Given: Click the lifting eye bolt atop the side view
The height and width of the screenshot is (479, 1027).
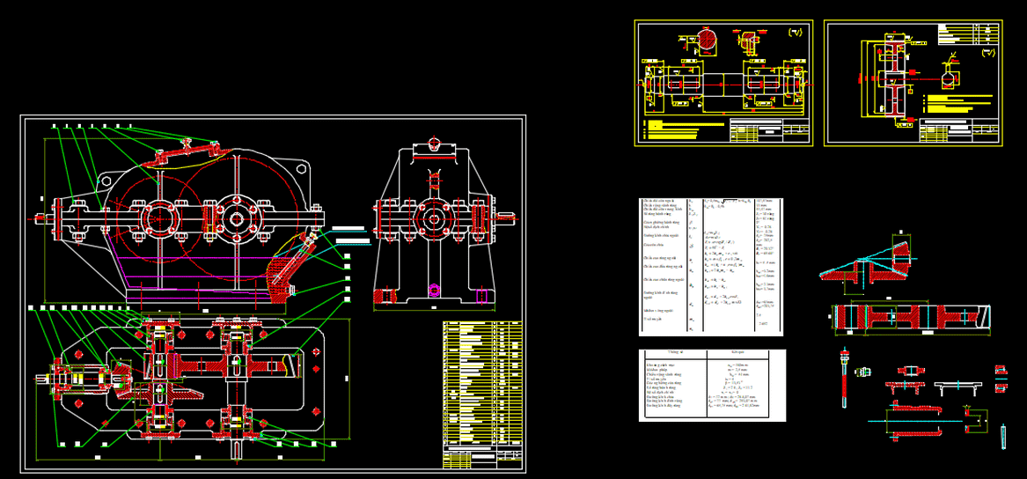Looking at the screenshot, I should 433,144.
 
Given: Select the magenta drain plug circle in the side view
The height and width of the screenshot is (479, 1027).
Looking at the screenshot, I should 433,289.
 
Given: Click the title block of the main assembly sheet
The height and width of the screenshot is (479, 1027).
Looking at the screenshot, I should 482,458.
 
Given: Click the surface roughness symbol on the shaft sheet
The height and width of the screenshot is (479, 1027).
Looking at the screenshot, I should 796,33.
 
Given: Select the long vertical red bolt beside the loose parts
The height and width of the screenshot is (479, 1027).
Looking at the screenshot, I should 843,379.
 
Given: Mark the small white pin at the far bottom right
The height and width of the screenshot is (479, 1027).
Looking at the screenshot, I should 1002,436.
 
